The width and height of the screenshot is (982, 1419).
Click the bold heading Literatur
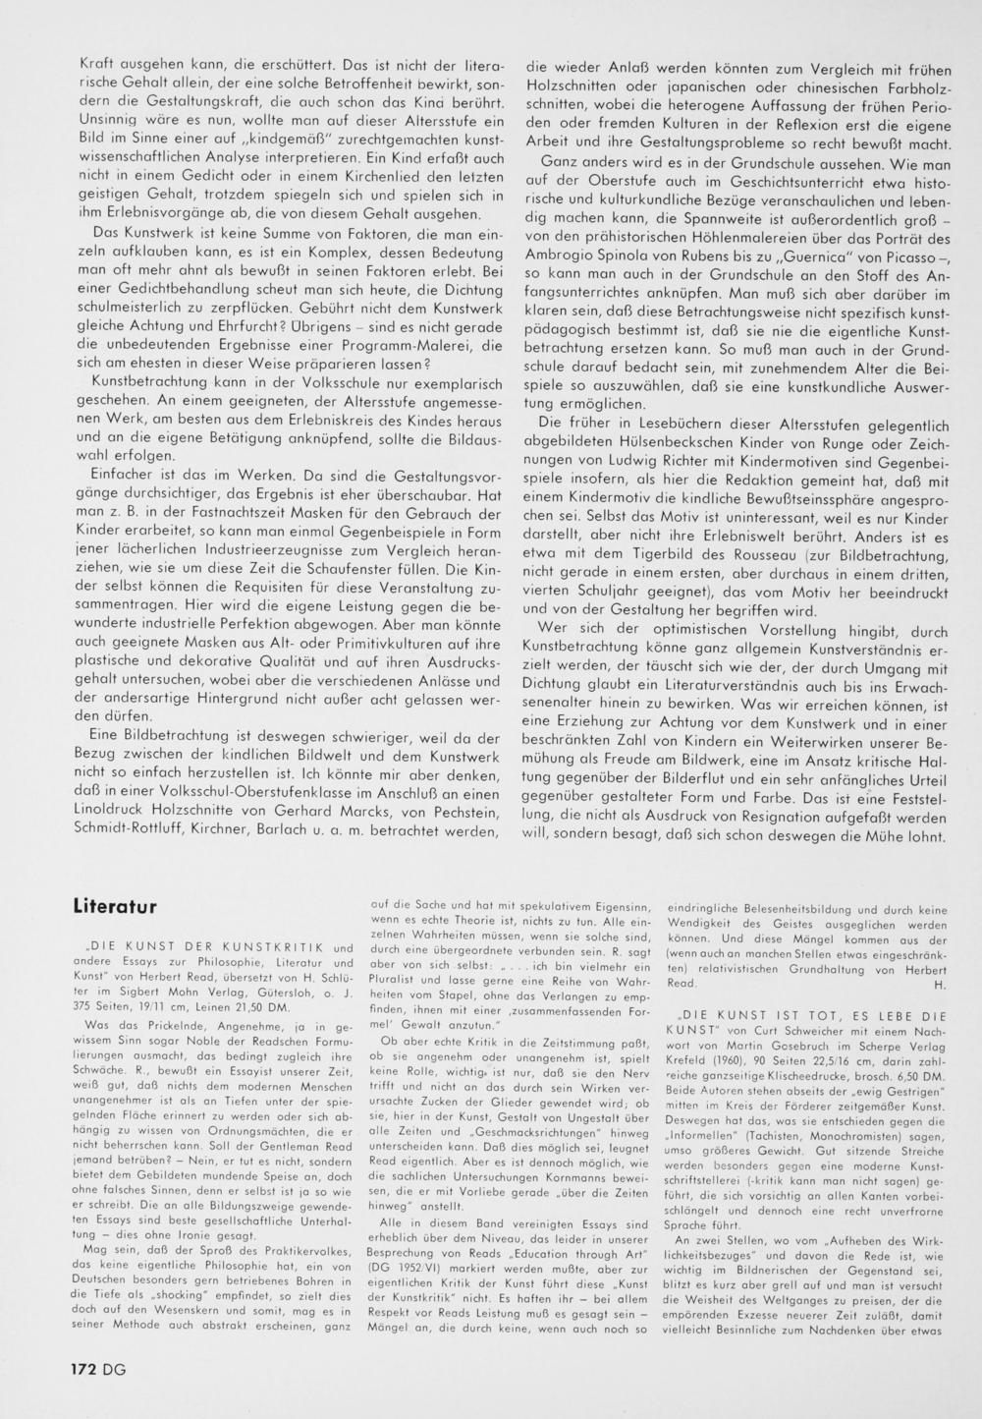[x=116, y=906]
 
